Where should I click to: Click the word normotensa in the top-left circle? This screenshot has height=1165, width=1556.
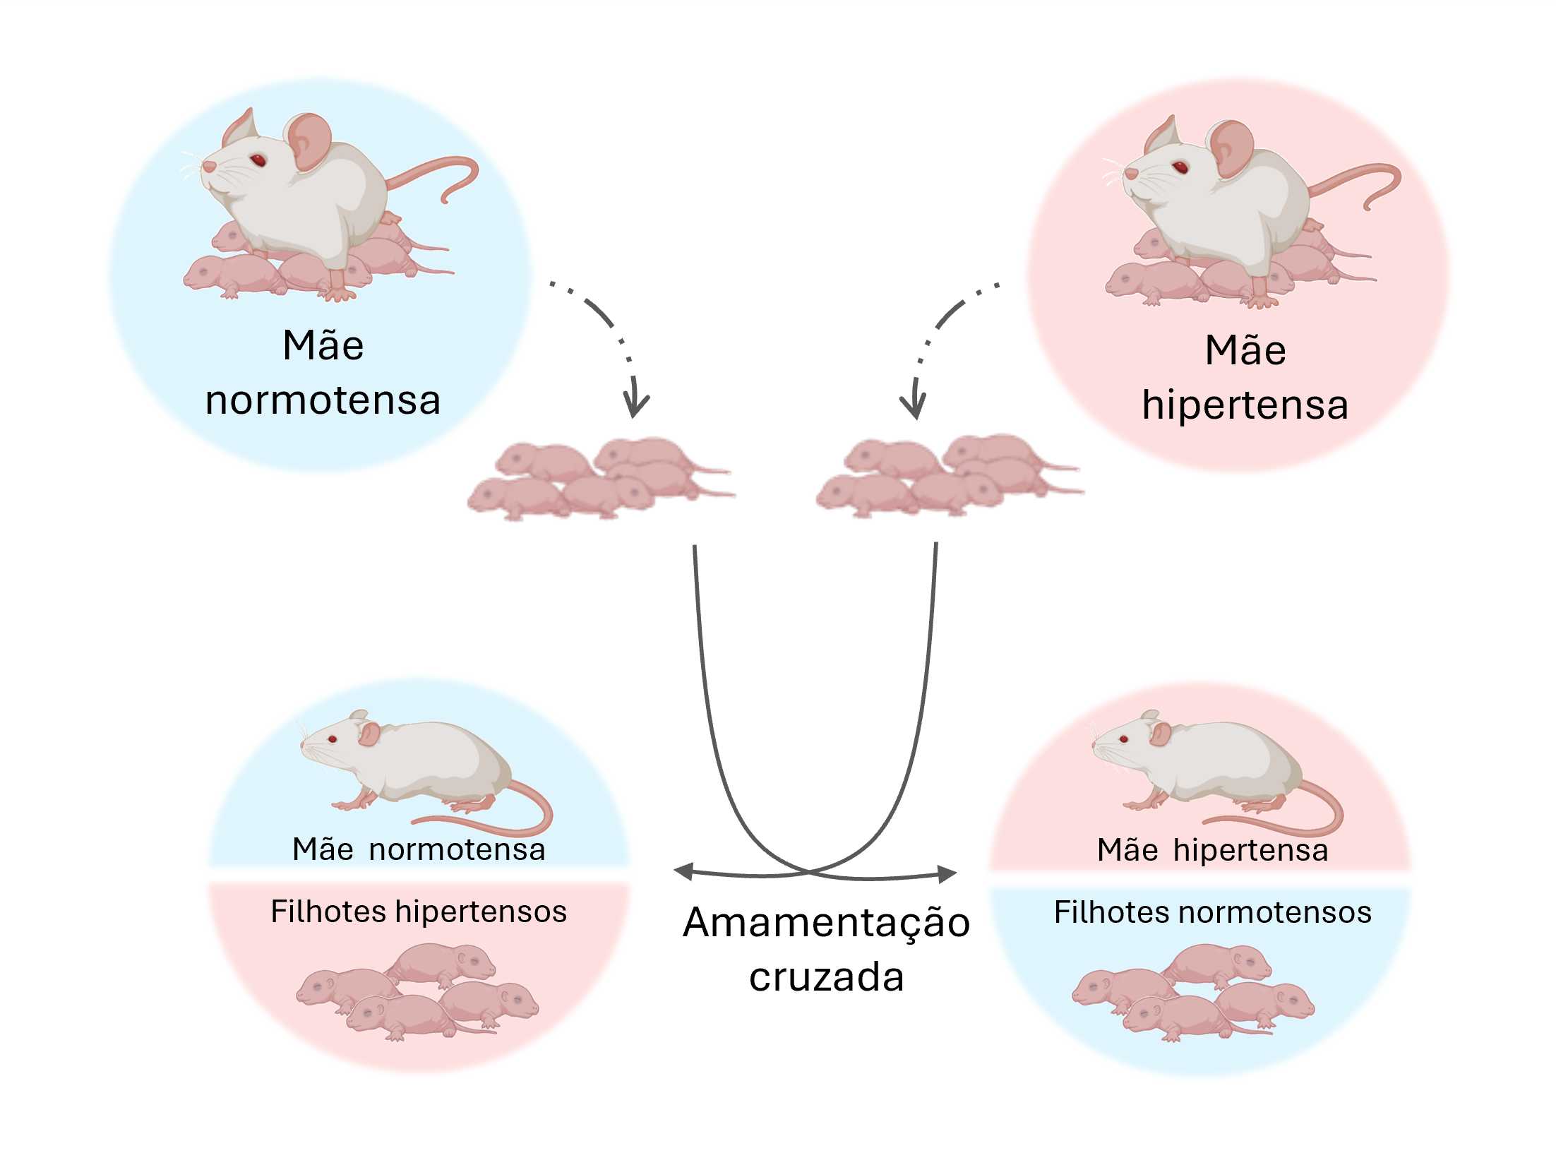[323, 401]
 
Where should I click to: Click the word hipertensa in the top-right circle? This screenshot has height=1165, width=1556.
[1245, 405]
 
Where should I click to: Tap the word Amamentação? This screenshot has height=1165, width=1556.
[826, 923]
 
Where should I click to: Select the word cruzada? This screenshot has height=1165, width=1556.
[826, 977]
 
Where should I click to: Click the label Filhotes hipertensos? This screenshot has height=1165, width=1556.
[419, 912]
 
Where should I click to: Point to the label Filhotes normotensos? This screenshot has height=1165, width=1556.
[1212, 912]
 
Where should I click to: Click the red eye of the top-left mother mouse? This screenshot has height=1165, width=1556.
[259, 160]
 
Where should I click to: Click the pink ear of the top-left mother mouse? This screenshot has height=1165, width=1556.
[309, 141]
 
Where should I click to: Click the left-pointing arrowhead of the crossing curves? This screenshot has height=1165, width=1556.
[682, 871]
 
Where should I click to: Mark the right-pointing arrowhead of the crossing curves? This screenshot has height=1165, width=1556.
[949, 874]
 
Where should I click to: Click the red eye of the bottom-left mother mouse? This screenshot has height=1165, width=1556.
[333, 739]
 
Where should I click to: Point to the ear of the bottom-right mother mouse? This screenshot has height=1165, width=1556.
[1159, 734]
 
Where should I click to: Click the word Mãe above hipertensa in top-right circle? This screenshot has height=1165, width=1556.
[1245, 351]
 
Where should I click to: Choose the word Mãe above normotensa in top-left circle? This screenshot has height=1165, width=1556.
[323, 346]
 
